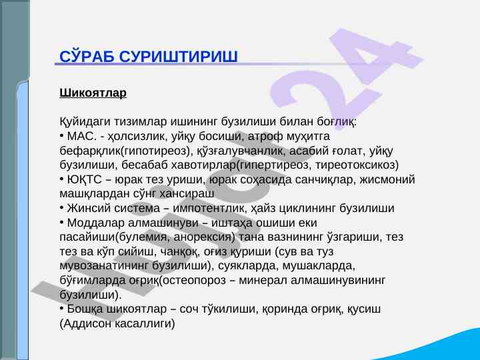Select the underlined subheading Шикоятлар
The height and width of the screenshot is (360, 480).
(93, 93)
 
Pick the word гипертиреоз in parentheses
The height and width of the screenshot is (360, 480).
(274, 165)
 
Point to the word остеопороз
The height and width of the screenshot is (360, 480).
(194, 281)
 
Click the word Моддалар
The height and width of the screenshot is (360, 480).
(96, 223)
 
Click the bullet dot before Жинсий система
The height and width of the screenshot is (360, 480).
(61, 208)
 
